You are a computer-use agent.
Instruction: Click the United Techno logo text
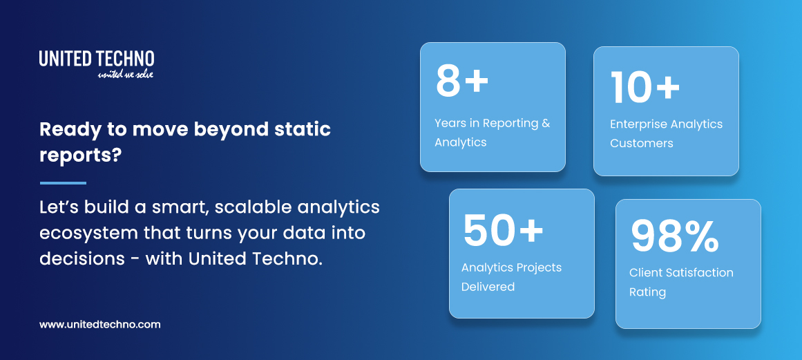[x=96, y=59]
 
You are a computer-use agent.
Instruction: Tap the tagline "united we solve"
[x=125, y=74]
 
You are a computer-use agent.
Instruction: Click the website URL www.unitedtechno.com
[x=99, y=324]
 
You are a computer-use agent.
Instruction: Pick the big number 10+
[x=645, y=87]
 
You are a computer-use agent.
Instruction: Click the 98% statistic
[x=674, y=236]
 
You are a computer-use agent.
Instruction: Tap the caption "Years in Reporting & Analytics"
[x=492, y=133]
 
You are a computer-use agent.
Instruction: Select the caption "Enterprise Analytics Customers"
[x=666, y=133]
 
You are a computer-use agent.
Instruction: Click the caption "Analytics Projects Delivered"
[x=511, y=276]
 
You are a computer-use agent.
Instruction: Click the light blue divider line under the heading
[x=63, y=183]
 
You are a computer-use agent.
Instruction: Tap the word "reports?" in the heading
[x=81, y=155]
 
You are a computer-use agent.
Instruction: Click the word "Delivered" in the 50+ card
[x=488, y=286]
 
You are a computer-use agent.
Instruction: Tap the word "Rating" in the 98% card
[x=647, y=292]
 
